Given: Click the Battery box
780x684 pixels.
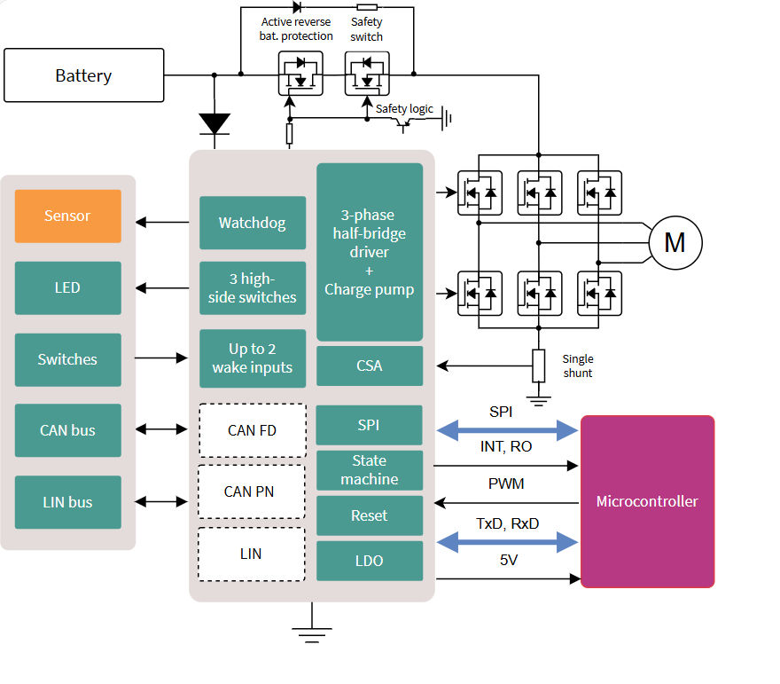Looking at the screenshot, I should pos(84,75).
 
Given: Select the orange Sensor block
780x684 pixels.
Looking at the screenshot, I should pos(67,216).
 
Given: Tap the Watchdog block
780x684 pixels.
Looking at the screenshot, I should pos(253,223).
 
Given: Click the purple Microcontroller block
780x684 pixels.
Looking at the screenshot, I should pos(647,501).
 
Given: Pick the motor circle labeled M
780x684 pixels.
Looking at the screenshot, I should pos(675,242).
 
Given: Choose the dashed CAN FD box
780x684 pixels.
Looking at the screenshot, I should pos(252,431).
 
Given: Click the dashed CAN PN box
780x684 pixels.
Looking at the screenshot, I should pos(250,491).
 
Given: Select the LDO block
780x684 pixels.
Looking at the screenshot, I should pos(369,561).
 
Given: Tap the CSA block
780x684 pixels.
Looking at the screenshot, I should pos(369,366).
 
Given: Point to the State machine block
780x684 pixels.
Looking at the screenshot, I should pos(369,470).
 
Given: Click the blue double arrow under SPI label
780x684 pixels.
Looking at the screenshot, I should pos(507,431).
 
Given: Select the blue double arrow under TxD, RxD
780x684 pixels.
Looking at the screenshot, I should pos(507,542).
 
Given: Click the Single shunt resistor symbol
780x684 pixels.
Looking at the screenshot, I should pos(537,366).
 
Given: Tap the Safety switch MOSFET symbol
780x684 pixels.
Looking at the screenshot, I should pos(366,74).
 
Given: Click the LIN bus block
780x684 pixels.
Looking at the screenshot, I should pos(67,502).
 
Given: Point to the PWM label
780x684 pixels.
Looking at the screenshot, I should pos(506,484).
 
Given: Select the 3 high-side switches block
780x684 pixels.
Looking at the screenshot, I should pos(253,288).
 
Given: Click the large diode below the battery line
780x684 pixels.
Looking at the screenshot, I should pos(214,123).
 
